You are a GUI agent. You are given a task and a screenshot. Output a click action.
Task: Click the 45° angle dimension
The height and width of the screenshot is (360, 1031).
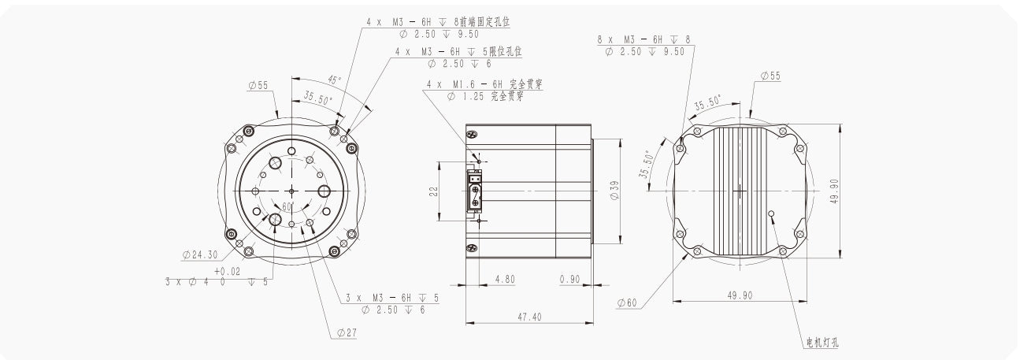334,81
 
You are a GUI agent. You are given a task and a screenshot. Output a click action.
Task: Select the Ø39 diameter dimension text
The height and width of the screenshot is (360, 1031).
614,191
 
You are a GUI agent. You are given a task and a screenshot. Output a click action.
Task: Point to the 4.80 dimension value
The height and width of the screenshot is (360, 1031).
505,279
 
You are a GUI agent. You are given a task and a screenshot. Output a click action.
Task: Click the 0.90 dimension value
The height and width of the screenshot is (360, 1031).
570,279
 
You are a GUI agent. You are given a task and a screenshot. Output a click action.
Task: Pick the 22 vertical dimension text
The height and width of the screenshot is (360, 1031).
434,191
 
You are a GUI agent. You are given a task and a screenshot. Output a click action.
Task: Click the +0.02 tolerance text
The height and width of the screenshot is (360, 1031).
225,270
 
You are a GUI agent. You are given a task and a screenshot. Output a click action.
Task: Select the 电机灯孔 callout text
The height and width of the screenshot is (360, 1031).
822,343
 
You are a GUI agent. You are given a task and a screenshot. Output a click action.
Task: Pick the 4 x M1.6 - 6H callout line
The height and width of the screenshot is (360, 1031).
465,84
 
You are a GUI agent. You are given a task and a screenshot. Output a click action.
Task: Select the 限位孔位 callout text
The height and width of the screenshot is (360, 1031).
505,51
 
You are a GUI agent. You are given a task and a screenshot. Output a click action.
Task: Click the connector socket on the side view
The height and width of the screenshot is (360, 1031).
475,191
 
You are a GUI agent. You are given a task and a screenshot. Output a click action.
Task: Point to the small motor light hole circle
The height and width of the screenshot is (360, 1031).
772,213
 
